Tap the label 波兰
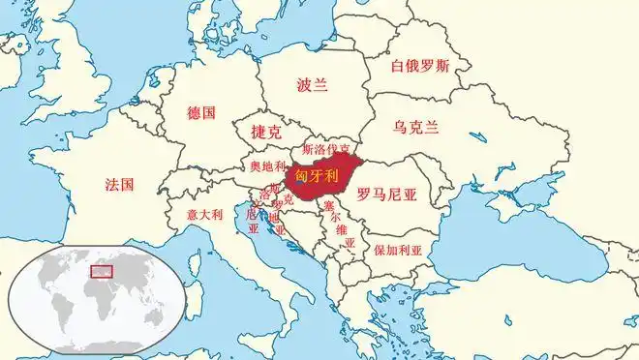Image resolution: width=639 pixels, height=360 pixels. click(313, 85)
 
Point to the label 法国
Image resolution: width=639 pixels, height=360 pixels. click(119, 183)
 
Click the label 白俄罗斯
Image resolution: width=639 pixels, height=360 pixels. click(420, 67)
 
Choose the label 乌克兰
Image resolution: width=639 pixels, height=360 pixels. click(416, 127)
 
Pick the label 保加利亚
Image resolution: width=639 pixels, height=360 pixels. click(399, 249)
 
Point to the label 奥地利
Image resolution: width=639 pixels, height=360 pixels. click(268, 167)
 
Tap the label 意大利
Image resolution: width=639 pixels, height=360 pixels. click(204, 214)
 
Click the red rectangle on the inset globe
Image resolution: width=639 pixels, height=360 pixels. click(102, 270)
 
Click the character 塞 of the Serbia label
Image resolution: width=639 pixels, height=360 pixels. click(328, 205)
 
